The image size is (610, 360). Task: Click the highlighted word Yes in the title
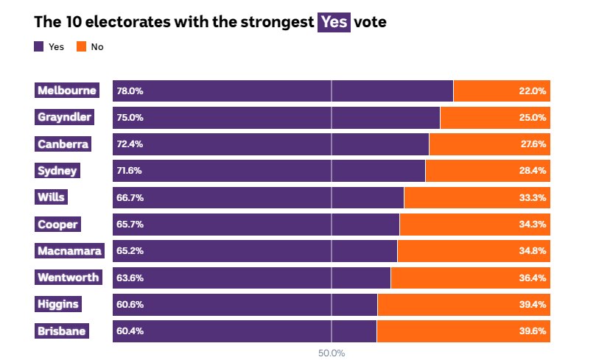[x=333, y=23]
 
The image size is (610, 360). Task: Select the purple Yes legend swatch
[x=39, y=47]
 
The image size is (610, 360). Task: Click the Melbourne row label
[x=67, y=91]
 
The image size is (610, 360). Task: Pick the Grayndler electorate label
[x=65, y=118]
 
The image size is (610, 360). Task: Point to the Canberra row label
[x=63, y=144]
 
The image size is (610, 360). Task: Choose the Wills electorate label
[x=52, y=197]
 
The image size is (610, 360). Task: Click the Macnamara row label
[x=70, y=251]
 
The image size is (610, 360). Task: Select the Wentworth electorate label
[x=68, y=278]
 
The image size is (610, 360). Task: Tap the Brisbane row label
[x=62, y=331]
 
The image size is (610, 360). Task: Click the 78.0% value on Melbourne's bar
[x=130, y=91]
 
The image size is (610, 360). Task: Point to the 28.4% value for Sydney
[x=533, y=171]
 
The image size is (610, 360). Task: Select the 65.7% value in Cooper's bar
[x=130, y=225]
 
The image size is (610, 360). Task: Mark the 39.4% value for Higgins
[x=533, y=304]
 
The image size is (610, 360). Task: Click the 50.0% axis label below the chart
[x=332, y=353]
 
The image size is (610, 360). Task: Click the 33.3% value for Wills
[x=533, y=198]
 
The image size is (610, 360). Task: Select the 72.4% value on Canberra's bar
[x=130, y=144]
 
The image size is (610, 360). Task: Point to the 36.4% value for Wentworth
[x=533, y=278]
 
